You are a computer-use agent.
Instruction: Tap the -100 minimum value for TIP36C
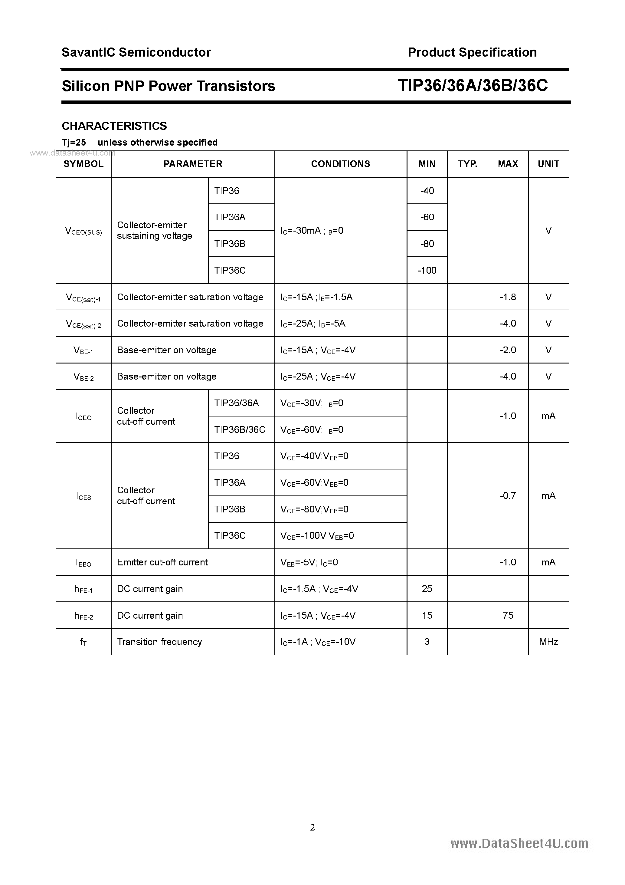point(427,270)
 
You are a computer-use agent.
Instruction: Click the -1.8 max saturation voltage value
point(508,297)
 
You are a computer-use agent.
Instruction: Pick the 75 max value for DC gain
point(508,615)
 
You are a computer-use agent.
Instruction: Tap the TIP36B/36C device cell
point(240,429)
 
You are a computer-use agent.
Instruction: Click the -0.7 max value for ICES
point(508,496)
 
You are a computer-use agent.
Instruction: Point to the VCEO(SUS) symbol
point(83,231)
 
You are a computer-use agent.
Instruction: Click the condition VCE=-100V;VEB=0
point(317,535)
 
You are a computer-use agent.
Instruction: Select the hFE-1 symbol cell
point(83,589)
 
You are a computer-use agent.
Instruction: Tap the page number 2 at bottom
point(312,827)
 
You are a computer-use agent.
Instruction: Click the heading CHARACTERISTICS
point(114,126)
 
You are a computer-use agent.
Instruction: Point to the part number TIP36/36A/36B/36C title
point(473,86)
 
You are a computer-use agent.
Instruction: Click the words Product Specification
point(472,52)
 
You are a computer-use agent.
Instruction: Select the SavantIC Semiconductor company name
point(136,52)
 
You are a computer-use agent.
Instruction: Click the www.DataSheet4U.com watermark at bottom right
point(519,844)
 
